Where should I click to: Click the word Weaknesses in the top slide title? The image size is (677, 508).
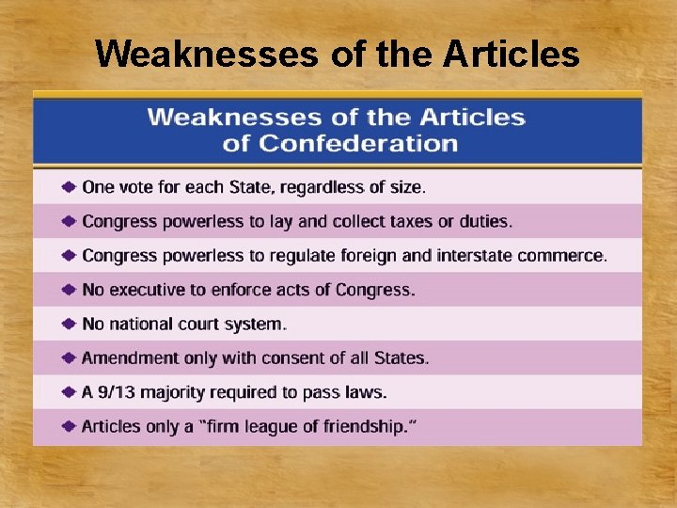coord(207,54)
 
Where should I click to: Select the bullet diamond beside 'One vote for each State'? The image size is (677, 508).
coord(69,187)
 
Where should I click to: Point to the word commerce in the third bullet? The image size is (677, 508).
coord(568,255)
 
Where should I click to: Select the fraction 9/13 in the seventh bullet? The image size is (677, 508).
coord(118,392)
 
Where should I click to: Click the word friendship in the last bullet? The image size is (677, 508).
coord(361,426)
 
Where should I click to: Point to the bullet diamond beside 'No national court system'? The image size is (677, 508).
coord(69,324)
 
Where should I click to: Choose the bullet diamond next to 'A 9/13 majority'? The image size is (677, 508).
coord(69,392)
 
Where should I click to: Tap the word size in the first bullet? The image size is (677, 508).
coord(405,187)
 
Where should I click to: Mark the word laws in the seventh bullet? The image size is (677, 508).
coord(368,392)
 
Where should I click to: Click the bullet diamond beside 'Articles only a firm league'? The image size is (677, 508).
coord(69,426)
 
